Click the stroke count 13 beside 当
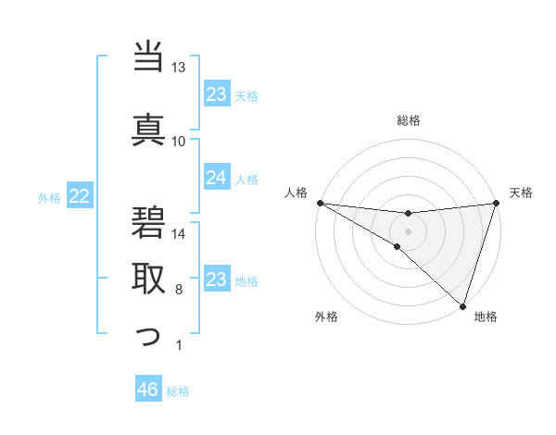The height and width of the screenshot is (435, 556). click(179, 68)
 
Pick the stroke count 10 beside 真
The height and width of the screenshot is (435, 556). click(179, 141)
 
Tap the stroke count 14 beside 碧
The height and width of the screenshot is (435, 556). click(179, 234)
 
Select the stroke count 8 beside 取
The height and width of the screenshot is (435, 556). click(179, 291)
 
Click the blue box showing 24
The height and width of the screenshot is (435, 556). click(216, 178)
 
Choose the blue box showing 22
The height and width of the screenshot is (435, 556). click(79, 196)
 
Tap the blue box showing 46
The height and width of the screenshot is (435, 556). click(147, 390)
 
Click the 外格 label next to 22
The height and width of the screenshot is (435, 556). click(49, 197)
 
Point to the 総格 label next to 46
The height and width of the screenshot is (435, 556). click(178, 391)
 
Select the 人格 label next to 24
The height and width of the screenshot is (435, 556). click(246, 179)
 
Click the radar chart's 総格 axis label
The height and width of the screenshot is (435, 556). click(409, 120)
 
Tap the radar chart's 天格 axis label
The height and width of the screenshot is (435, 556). click(522, 193)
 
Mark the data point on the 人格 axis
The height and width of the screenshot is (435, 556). click(320, 203)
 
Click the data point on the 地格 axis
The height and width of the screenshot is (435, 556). click(462, 305)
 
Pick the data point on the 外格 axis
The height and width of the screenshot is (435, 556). click(397, 246)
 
